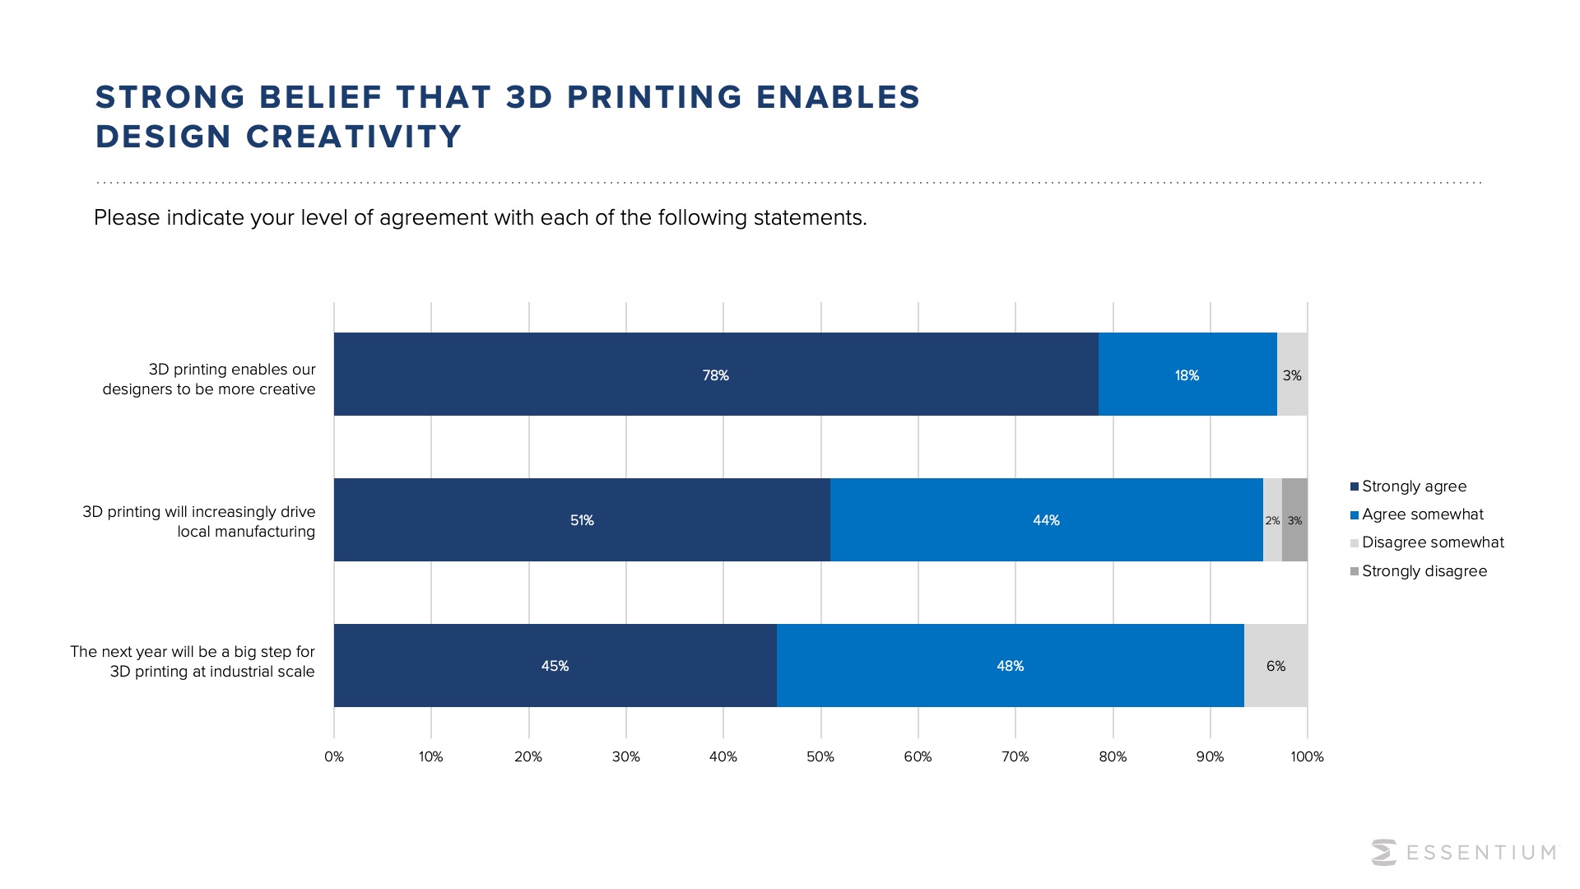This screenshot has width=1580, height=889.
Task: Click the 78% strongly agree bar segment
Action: point(715,375)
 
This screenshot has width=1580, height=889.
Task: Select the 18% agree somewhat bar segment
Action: point(1187,375)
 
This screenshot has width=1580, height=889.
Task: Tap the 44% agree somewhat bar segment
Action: point(1046,520)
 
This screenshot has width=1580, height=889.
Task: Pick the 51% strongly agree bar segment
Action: point(582,520)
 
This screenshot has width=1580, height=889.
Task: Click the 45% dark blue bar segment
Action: point(555,665)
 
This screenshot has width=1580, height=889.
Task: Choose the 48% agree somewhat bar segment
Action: point(1010,665)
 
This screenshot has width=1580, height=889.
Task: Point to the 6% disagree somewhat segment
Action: point(1276,665)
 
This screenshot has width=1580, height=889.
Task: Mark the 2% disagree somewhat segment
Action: point(1272,520)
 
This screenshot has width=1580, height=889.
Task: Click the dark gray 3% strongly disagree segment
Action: point(1294,520)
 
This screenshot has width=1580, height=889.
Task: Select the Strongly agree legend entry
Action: point(1413,486)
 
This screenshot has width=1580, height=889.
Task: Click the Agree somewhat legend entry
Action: point(1421,514)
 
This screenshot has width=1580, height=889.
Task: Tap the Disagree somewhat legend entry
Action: point(1432,542)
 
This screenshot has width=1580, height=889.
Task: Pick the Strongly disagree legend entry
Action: point(1424,571)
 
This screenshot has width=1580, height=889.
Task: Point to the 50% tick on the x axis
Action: point(820,756)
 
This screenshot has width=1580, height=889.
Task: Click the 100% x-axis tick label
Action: point(1307,756)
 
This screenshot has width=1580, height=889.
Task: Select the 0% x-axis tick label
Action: point(334,756)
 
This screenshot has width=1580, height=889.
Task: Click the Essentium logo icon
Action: point(1384,852)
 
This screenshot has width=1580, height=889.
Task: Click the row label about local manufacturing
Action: point(199,522)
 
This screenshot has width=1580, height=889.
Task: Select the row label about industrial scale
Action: point(193,662)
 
